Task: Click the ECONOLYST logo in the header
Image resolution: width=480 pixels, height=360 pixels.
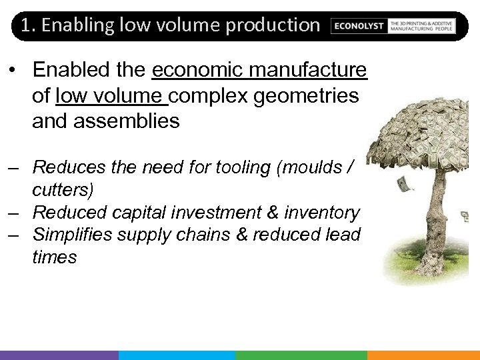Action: [359, 25]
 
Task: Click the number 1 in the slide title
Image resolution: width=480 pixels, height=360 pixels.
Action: [25, 25]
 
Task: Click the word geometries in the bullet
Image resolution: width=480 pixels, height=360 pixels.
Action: [307, 95]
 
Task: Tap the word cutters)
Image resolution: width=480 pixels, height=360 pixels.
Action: [63, 189]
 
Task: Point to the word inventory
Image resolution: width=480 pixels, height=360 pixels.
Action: [321, 212]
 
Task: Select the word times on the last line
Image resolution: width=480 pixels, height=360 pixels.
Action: [55, 257]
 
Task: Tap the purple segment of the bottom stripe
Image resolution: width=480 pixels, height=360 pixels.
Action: [59, 355]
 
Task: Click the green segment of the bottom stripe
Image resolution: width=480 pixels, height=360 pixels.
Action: [301, 355]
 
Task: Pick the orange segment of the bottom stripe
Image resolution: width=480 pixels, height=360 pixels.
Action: [423, 355]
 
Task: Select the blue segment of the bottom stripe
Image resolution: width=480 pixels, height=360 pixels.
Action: [177, 355]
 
